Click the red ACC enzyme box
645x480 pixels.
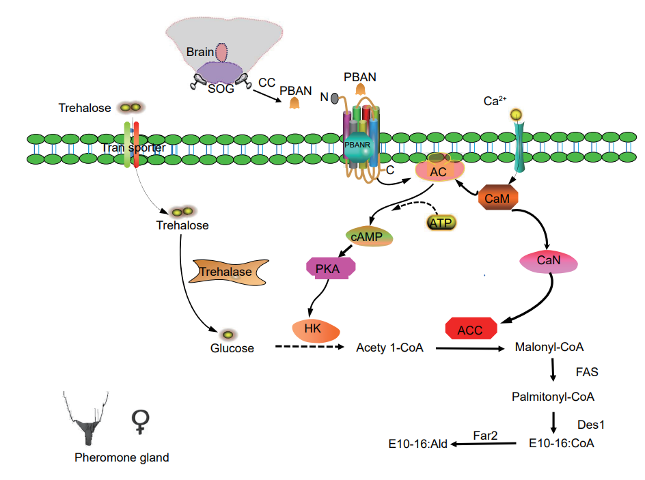tap(470, 330)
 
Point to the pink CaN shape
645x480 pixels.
tap(549, 262)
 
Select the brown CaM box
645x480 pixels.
tap(497, 198)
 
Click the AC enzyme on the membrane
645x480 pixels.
tap(438, 171)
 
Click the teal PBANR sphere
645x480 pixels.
tap(361, 149)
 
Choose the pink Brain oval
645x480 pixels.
tap(221, 53)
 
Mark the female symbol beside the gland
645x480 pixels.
tap(141, 422)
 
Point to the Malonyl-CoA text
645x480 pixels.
tap(549, 348)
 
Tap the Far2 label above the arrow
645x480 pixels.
tap(486, 434)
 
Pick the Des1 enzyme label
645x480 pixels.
tap(592, 423)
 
